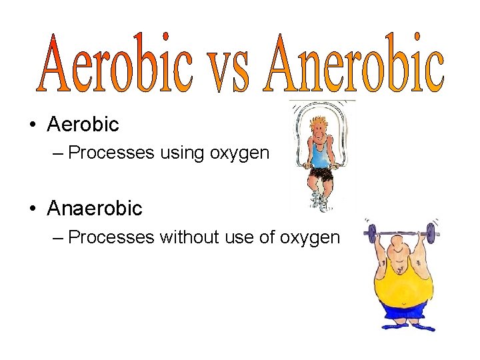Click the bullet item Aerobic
[x=83, y=124]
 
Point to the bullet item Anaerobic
[x=95, y=209]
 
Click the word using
[x=184, y=153]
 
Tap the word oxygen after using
[x=239, y=154]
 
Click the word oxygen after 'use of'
[x=309, y=238]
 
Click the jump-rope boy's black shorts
[x=321, y=175]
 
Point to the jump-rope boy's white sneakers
[x=320, y=200]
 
